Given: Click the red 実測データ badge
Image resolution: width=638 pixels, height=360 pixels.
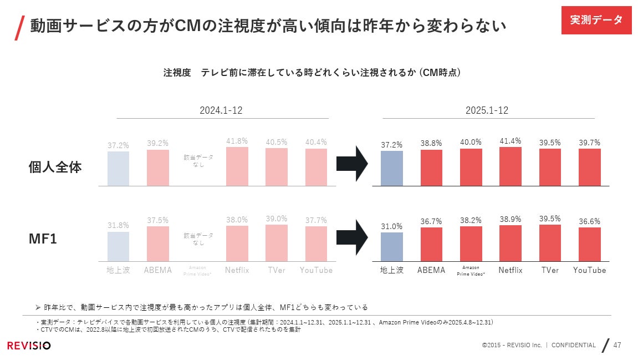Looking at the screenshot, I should (596, 20).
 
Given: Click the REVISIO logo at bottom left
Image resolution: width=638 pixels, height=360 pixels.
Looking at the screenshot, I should (29, 346).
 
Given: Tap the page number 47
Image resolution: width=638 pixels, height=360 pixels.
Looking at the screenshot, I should (617, 345).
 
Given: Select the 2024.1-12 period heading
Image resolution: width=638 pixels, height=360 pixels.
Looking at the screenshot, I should (221, 110).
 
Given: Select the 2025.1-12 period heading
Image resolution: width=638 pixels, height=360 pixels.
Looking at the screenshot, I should (487, 110).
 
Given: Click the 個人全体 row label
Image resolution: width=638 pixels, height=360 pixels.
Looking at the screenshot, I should (55, 167).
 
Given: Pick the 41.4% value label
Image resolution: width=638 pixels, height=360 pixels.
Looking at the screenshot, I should (510, 141).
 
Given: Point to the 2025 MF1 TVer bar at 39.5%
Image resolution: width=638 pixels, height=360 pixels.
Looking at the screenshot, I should (550, 242).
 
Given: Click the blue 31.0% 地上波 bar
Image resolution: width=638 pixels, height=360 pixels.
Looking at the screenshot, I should (392, 246).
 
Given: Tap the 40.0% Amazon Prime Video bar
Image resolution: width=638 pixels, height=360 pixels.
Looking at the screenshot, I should (471, 167).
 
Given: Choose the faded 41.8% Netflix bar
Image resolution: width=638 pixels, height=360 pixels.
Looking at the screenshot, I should (237, 166).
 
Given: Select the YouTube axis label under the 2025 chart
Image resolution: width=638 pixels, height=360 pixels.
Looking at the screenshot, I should (589, 270).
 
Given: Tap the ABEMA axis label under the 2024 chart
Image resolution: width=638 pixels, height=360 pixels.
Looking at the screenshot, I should (157, 270).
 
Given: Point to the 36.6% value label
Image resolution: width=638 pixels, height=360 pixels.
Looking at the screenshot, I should (589, 221).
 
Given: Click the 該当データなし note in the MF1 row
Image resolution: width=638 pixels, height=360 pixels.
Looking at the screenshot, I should (198, 239).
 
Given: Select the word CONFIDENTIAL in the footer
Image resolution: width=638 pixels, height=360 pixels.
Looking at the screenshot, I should (573, 345).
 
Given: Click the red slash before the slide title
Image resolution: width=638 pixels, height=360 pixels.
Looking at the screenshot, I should (19, 27).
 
